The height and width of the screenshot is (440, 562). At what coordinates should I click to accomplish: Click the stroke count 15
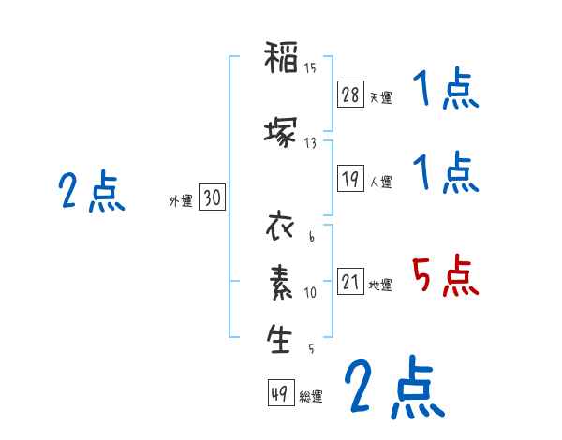click(310, 67)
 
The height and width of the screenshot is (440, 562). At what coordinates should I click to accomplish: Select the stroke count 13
click(310, 142)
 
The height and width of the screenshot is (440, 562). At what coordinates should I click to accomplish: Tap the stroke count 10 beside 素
click(310, 292)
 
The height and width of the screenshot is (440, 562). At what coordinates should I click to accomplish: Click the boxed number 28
click(351, 95)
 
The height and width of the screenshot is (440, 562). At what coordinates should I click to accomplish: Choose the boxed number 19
click(351, 180)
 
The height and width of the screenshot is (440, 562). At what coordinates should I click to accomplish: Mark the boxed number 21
click(351, 282)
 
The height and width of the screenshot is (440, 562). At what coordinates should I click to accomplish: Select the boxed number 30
click(212, 198)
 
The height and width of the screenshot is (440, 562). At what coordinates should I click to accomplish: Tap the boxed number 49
click(279, 393)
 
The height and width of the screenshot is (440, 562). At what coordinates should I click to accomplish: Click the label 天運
click(380, 97)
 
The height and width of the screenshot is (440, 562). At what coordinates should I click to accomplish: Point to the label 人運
click(380, 183)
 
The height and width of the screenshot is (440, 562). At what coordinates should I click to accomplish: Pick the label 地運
click(380, 285)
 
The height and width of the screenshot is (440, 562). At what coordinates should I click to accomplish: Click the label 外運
click(180, 201)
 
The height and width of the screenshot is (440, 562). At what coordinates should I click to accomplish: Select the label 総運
click(311, 396)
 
